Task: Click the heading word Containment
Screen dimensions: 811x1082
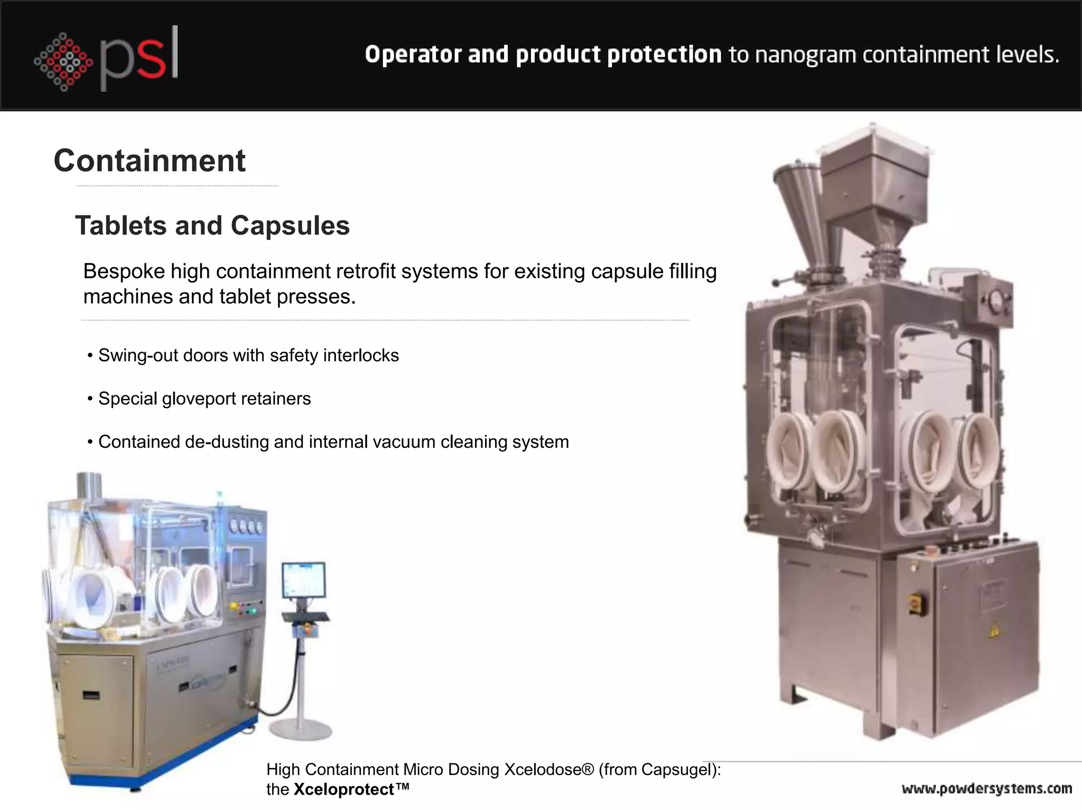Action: tap(150, 161)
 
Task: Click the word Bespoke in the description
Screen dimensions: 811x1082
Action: tap(124, 271)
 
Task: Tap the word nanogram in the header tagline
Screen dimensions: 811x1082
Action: tap(806, 54)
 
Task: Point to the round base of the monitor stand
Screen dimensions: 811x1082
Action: tap(300, 730)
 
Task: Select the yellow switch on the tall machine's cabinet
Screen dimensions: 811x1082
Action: tap(915, 603)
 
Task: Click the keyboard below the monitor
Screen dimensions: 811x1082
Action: tap(305, 617)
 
